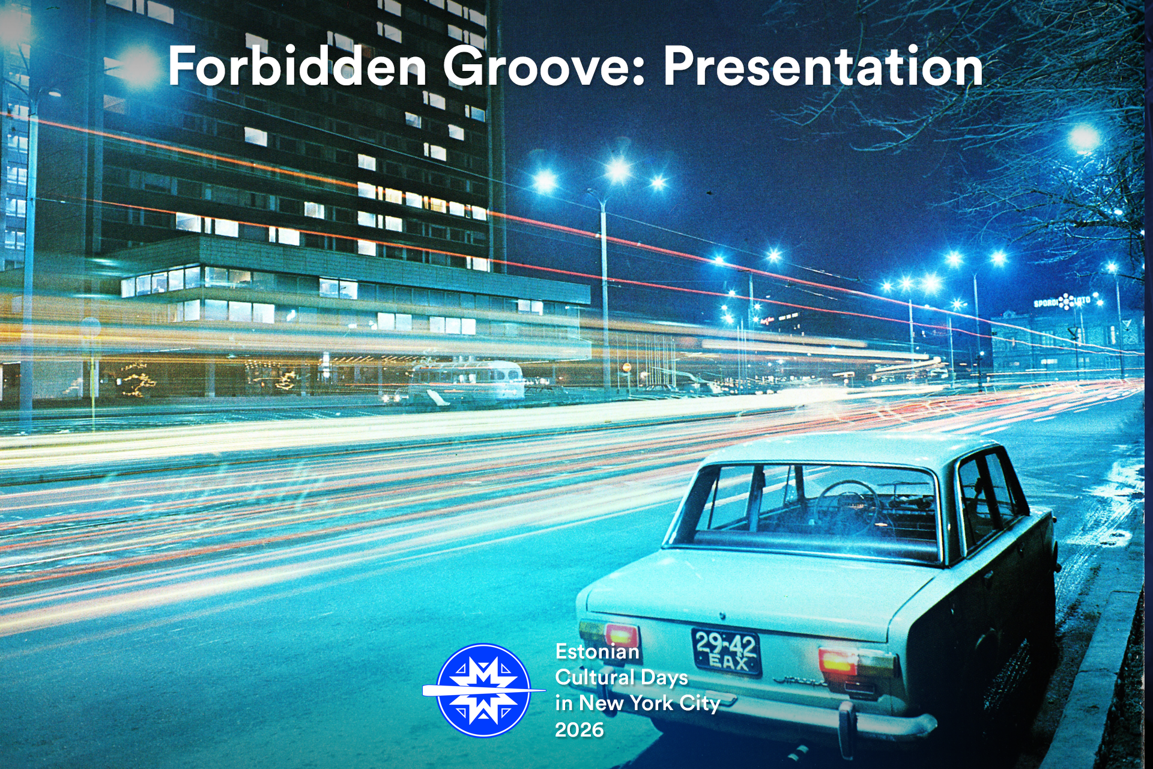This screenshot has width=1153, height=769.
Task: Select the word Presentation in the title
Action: (823, 67)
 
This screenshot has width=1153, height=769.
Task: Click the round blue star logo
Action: (483, 690)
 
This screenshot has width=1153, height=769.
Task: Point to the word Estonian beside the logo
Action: (598, 652)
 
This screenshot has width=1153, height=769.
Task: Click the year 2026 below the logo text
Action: (580, 730)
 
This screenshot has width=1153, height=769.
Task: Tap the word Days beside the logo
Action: (664, 678)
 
